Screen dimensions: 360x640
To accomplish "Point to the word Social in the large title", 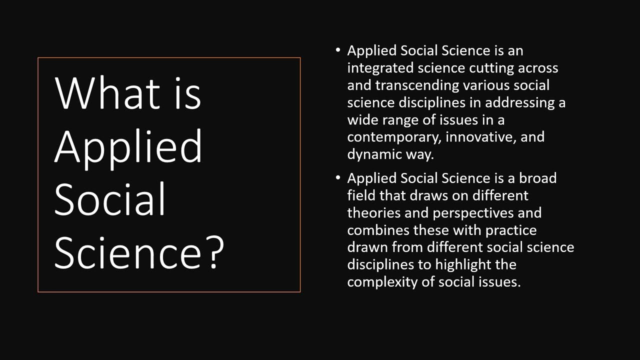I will click(109, 198).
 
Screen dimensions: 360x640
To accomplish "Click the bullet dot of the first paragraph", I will click(338, 50).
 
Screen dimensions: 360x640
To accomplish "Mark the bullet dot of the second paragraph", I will click(338, 177).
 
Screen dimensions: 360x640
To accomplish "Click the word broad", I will click(537, 178).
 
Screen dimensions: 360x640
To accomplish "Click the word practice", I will click(511, 230).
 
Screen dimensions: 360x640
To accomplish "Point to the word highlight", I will click(462, 264).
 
